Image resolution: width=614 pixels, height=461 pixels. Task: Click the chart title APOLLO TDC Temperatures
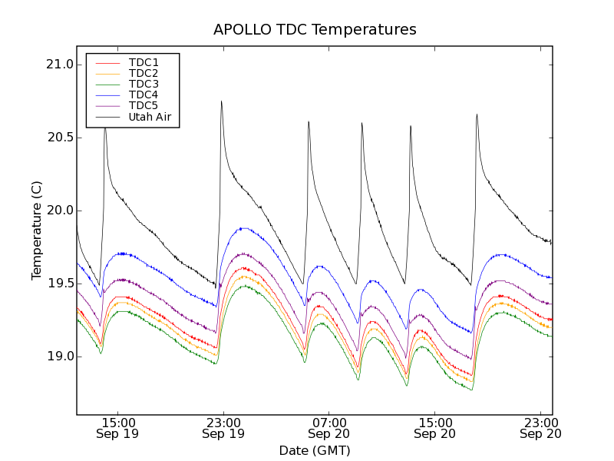click(x=315, y=30)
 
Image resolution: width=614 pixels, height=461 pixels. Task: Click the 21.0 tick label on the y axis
click(x=59, y=65)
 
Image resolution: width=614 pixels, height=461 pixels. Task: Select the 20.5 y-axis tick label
click(x=59, y=138)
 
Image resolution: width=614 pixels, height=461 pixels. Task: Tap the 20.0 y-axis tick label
click(x=59, y=211)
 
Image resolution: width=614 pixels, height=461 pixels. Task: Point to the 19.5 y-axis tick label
click(x=59, y=284)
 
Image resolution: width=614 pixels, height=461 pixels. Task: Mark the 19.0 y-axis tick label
click(x=59, y=357)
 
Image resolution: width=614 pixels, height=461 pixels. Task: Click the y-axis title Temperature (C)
click(x=37, y=230)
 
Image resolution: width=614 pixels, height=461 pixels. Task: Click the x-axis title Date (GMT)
click(x=315, y=450)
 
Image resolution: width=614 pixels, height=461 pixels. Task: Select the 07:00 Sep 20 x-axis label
click(x=329, y=428)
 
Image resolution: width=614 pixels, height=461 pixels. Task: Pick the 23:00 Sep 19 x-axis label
click(x=223, y=428)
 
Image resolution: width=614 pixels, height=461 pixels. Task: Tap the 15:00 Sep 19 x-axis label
click(x=117, y=428)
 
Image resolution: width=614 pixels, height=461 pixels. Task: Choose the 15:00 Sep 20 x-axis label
click(x=435, y=428)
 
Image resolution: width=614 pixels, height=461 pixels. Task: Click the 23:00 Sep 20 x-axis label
click(x=540, y=428)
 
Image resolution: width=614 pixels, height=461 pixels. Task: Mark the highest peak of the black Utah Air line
click(x=221, y=101)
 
